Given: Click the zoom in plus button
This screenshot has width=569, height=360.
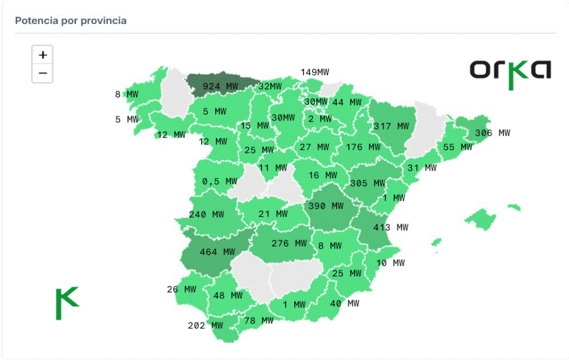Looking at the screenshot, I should click(42, 55).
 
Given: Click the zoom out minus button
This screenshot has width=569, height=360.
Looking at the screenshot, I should click(42, 74).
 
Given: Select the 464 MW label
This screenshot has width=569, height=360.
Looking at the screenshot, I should click(217, 252).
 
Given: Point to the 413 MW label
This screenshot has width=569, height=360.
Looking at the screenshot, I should click(391, 227).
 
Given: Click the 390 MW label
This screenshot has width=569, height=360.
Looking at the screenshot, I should click(326, 207).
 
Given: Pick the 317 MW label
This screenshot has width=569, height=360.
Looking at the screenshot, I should click(391, 126).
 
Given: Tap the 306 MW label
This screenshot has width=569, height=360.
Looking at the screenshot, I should click(492, 133).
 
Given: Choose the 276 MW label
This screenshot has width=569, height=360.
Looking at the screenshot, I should click(288, 243).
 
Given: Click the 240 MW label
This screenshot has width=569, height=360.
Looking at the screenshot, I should click(206, 215).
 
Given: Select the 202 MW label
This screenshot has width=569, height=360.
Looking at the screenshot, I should click(205, 326).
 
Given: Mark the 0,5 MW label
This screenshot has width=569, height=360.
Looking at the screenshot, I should click(220, 182).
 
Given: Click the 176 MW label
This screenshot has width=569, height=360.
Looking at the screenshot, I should click(363, 147).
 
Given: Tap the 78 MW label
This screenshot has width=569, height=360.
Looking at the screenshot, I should click(259, 321).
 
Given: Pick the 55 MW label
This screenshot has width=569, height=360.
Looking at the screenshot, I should click(457, 147).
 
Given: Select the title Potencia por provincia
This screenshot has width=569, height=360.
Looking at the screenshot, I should click(71, 21).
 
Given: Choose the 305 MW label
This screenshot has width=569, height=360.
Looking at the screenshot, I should click(367, 183).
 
